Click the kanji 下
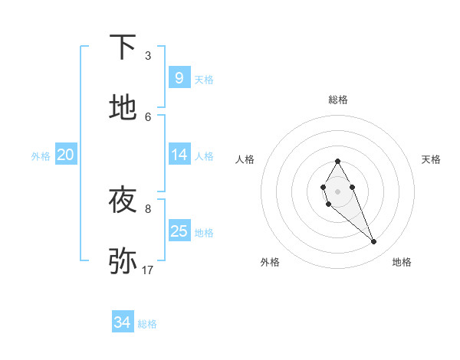pos(123,48)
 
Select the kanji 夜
pos(123,201)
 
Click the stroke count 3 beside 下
pos(148,56)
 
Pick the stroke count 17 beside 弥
pos(148,270)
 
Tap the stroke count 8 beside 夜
pos(148,208)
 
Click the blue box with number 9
pos(179,77)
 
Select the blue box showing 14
pos(179,155)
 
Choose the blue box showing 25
pos(179,231)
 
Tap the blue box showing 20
pos(65,155)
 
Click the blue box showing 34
pos(122,322)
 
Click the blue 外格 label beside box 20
pos(41,155)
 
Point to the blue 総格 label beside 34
pos(147,324)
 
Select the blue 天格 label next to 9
pos(204,79)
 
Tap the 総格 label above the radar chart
pos(337,100)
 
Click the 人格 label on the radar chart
pos(245,159)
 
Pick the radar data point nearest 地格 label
pos(374,242)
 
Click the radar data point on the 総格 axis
pos(337,161)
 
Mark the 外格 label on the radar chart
pos(270,262)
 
